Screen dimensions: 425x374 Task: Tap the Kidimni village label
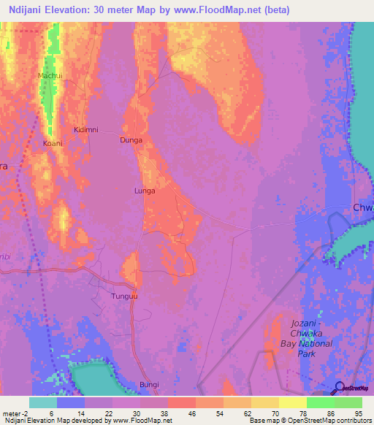pyautogui.click(x=86, y=129)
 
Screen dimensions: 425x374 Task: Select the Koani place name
pyautogui.click(x=53, y=143)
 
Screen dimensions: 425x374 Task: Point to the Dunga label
pyautogui.click(x=131, y=139)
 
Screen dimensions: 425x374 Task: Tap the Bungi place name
pyautogui.click(x=149, y=384)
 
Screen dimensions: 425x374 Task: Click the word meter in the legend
pyautogui.click(x=11, y=412)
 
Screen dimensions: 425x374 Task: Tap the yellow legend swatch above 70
pyautogui.click(x=293, y=402)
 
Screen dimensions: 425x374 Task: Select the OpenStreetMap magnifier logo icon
pyautogui.click(x=340, y=387)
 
